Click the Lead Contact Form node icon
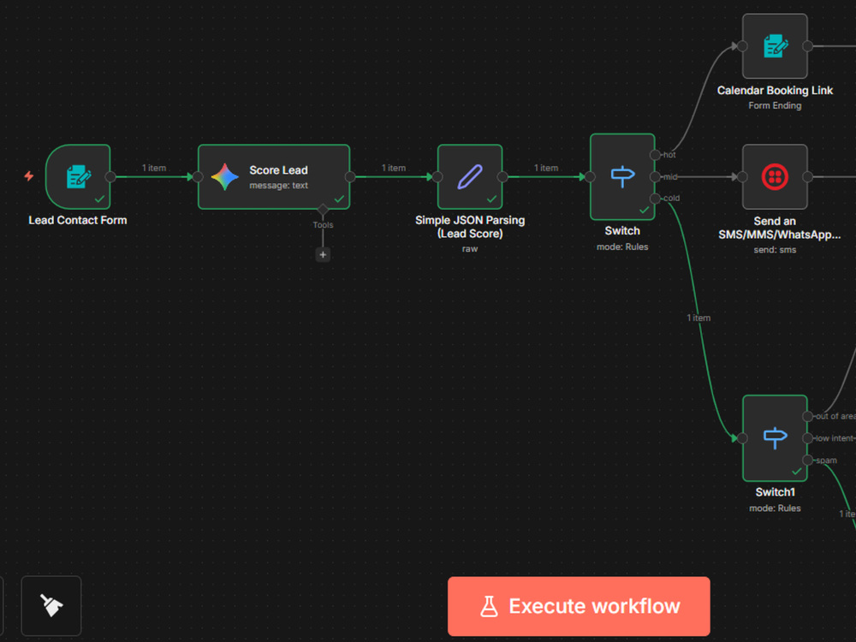[79, 177]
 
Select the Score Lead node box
[274, 177]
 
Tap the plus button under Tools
[323, 254]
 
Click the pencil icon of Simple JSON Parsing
[469, 177]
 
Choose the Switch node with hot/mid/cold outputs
[622, 177]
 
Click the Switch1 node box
[775, 437]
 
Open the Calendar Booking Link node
[775, 46]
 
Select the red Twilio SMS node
[775, 177]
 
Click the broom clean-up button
[51, 605]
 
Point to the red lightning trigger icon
[29, 175]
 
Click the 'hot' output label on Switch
[669, 155]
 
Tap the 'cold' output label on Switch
[671, 199]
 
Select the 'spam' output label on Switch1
[827, 461]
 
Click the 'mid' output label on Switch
[670, 177]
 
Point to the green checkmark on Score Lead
[339, 199]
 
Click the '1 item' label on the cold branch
[698, 318]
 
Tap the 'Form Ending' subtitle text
[775, 105]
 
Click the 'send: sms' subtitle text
[775, 249]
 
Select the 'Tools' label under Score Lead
[323, 225]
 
